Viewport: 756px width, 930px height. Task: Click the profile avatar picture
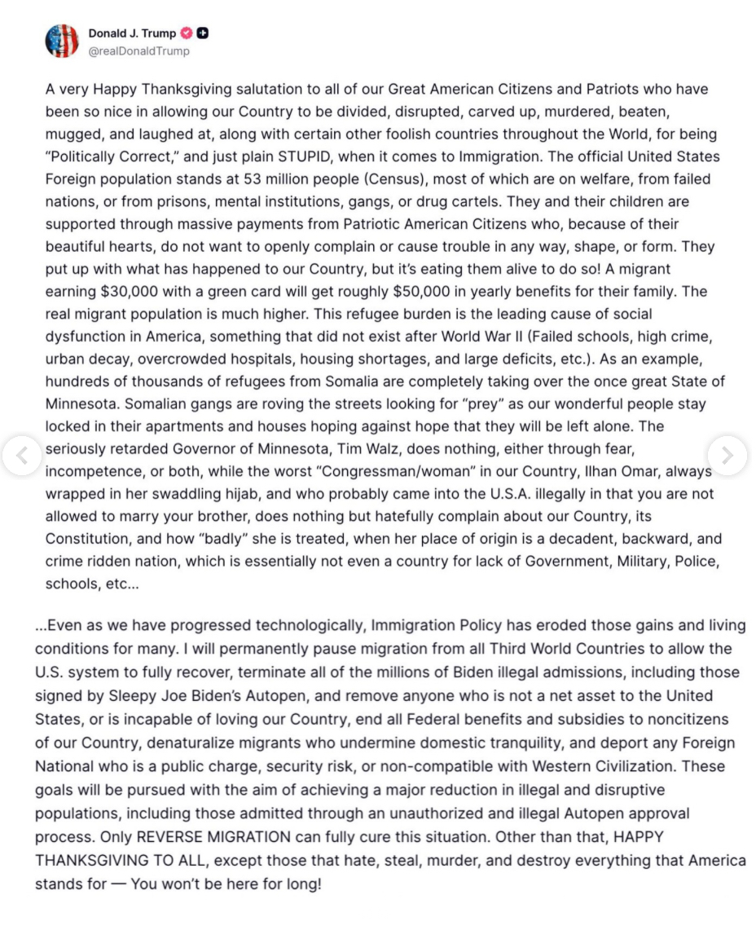pos(62,41)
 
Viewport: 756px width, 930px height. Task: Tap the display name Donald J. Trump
pos(132,33)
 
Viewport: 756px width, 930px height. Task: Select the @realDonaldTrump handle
pos(138,51)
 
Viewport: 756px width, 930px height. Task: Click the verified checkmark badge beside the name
pos(187,33)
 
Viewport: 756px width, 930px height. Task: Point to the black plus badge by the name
pos(203,33)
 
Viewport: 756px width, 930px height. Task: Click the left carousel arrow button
pos(21,455)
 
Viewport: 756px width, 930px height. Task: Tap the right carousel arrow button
pos(727,455)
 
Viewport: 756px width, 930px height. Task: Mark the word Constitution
pos(87,539)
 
